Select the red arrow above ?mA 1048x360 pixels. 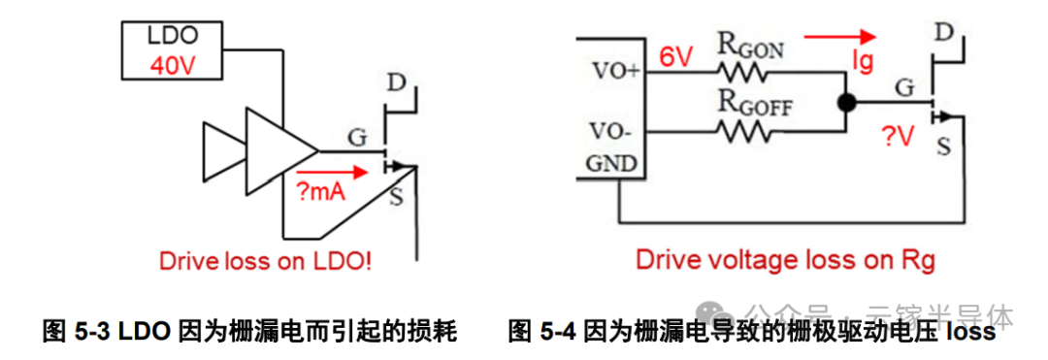coord(335,172)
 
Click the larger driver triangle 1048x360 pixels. coord(278,150)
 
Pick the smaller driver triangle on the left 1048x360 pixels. coord(221,150)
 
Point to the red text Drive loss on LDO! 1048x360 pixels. coord(265,261)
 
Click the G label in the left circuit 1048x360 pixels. coord(357,137)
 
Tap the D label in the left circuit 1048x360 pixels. coord(396,82)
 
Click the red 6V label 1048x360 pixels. coord(675,57)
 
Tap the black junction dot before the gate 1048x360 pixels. coord(846,100)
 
